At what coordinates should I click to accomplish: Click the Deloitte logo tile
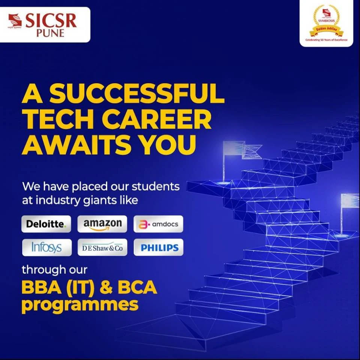pos(46,224)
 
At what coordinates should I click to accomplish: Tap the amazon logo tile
pos(102,224)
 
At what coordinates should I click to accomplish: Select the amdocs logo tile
pos(158,224)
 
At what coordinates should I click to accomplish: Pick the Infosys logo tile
pos(46,247)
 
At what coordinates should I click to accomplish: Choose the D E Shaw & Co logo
pos(102,247)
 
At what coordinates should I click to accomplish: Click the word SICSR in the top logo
pos(51,21)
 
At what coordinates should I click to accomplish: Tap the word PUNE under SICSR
pos(51,33)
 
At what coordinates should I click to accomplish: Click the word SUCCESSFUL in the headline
pos(137,95)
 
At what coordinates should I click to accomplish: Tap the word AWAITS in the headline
pos(75,146)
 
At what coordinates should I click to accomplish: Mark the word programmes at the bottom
pos(80,305)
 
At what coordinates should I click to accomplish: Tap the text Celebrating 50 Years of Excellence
pos(326,40)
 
